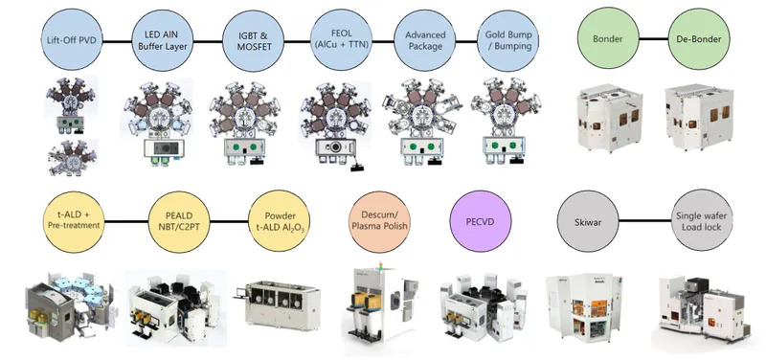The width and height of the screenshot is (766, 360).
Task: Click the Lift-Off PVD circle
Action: (73, 39)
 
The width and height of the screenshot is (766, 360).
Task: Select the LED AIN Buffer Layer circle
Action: (163, 40)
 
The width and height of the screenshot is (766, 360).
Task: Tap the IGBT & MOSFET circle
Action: (253, 41)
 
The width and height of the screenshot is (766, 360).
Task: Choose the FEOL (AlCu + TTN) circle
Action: (342, 39)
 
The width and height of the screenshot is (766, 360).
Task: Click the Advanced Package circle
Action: (425, 40)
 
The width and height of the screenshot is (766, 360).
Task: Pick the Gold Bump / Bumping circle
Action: (508, 40)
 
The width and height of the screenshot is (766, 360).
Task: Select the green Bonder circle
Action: (608, 38)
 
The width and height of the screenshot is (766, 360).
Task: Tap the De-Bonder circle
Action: (699, 38)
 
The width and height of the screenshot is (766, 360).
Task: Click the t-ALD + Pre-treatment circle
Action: (74, 221)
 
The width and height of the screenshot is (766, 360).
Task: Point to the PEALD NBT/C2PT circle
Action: (179, 221)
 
